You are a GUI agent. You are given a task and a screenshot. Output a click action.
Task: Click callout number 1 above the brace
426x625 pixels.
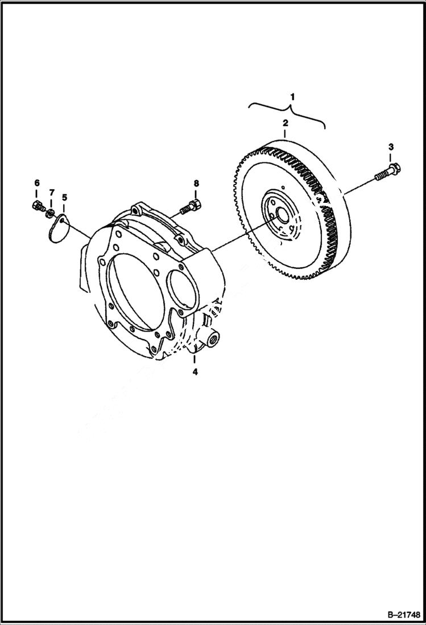pyautogui.click(x=292, y=97)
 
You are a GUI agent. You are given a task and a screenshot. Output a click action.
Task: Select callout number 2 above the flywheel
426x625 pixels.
pyautogui.click(x=286, y=122)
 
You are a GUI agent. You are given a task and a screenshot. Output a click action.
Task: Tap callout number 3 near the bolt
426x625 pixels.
pyautogui.click(x=391, y=148)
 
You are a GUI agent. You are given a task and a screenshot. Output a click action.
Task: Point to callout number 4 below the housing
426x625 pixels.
pyautogui.click(x=195, y=372)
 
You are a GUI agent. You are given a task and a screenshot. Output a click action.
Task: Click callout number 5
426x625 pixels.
pyautogui.click(x=64, y=197)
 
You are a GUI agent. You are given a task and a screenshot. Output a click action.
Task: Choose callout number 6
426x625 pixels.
pyautogui.click(x=37, y=183)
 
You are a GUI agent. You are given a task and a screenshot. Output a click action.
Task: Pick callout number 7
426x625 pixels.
pyautogui.click(x=51, y=193)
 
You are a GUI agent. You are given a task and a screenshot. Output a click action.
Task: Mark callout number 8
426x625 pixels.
pyautogui.click(x=196, y=183)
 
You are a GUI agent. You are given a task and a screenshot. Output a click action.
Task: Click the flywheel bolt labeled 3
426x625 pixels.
pyautogui.click(x=387, y=171)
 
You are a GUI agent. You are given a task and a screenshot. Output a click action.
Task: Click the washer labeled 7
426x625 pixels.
pyautogui.click(x=50, y=214)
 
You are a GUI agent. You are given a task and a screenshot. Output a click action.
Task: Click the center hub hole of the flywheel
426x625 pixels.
pyautogui.click(x=280, y=216)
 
